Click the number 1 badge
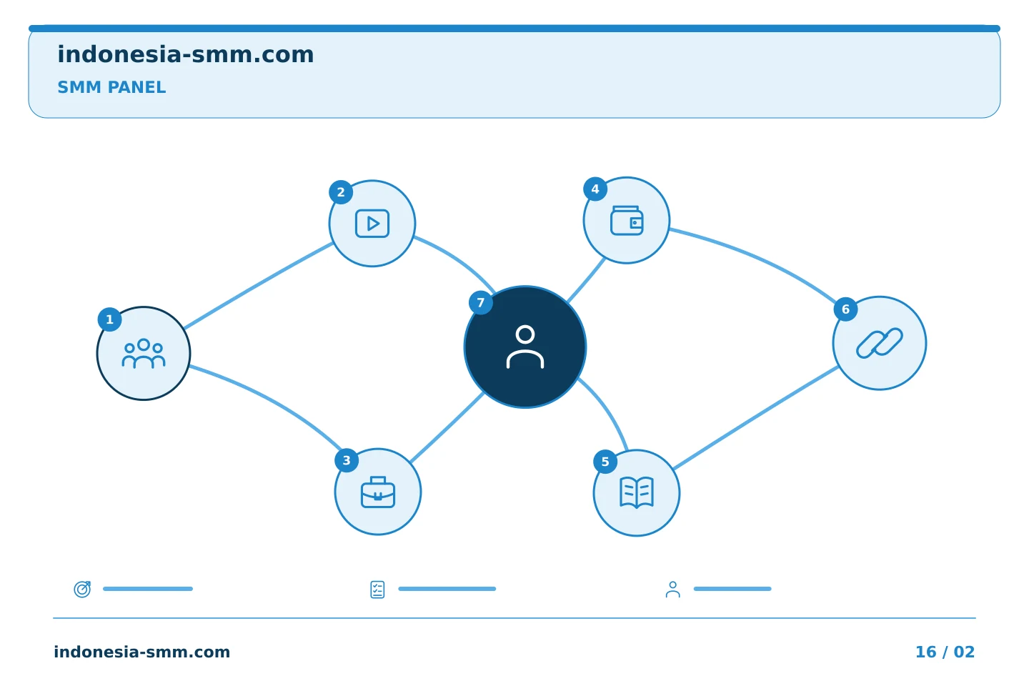109,319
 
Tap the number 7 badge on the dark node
480,303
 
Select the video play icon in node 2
372,224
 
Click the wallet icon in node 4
627,221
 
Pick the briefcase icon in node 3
377,492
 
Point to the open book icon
637,492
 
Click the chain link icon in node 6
879,343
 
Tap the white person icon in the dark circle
525,347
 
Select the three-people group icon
144,353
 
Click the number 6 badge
845,309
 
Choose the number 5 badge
605,462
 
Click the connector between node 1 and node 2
259,286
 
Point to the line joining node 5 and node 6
756,418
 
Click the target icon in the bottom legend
82,589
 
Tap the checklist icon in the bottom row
377,590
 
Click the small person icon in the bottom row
672,590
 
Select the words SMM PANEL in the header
111,87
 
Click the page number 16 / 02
945,652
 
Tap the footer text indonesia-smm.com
142,652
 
